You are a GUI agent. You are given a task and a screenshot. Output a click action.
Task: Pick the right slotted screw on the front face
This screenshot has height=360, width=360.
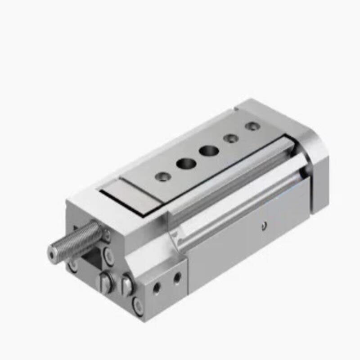click(126, 285)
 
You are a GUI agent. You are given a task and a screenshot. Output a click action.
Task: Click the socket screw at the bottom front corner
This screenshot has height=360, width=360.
click(138, 306)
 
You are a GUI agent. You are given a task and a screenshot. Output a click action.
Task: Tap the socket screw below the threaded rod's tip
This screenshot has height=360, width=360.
click(72, 266)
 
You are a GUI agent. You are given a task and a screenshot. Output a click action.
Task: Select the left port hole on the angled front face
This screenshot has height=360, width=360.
click(157, 287)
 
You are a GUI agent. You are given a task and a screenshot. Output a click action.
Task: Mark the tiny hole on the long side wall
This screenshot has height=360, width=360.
click(265, 225)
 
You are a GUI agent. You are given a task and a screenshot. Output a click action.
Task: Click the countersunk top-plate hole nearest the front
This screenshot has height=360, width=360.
click(161, 176)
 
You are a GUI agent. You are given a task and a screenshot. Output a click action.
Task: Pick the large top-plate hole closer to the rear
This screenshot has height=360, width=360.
click(208, 150)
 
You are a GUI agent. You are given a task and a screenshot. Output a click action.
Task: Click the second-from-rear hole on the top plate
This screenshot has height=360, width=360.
click(231, 138)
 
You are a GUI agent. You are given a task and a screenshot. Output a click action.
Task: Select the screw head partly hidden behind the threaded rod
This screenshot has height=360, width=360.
click(106, 234)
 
